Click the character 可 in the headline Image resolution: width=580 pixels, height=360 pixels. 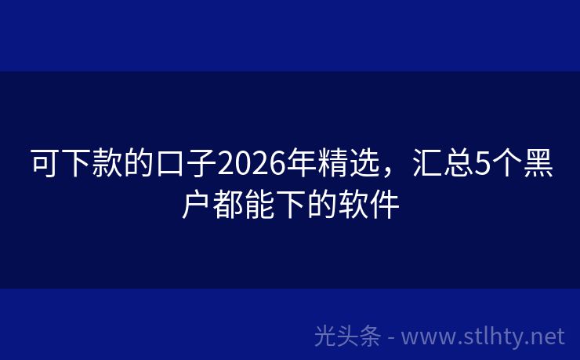(x=44, y=165)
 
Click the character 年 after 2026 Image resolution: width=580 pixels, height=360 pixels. (x=299, y=165)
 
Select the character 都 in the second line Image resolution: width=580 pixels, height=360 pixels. (x=227, y=205)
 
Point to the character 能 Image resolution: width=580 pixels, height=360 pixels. (x=259, y=205)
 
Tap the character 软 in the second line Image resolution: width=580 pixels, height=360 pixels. (x=353, y=205)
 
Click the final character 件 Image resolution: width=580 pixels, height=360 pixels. (x=384, y=205)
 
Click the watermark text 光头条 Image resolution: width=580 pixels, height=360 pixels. (x=347, y=336)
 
